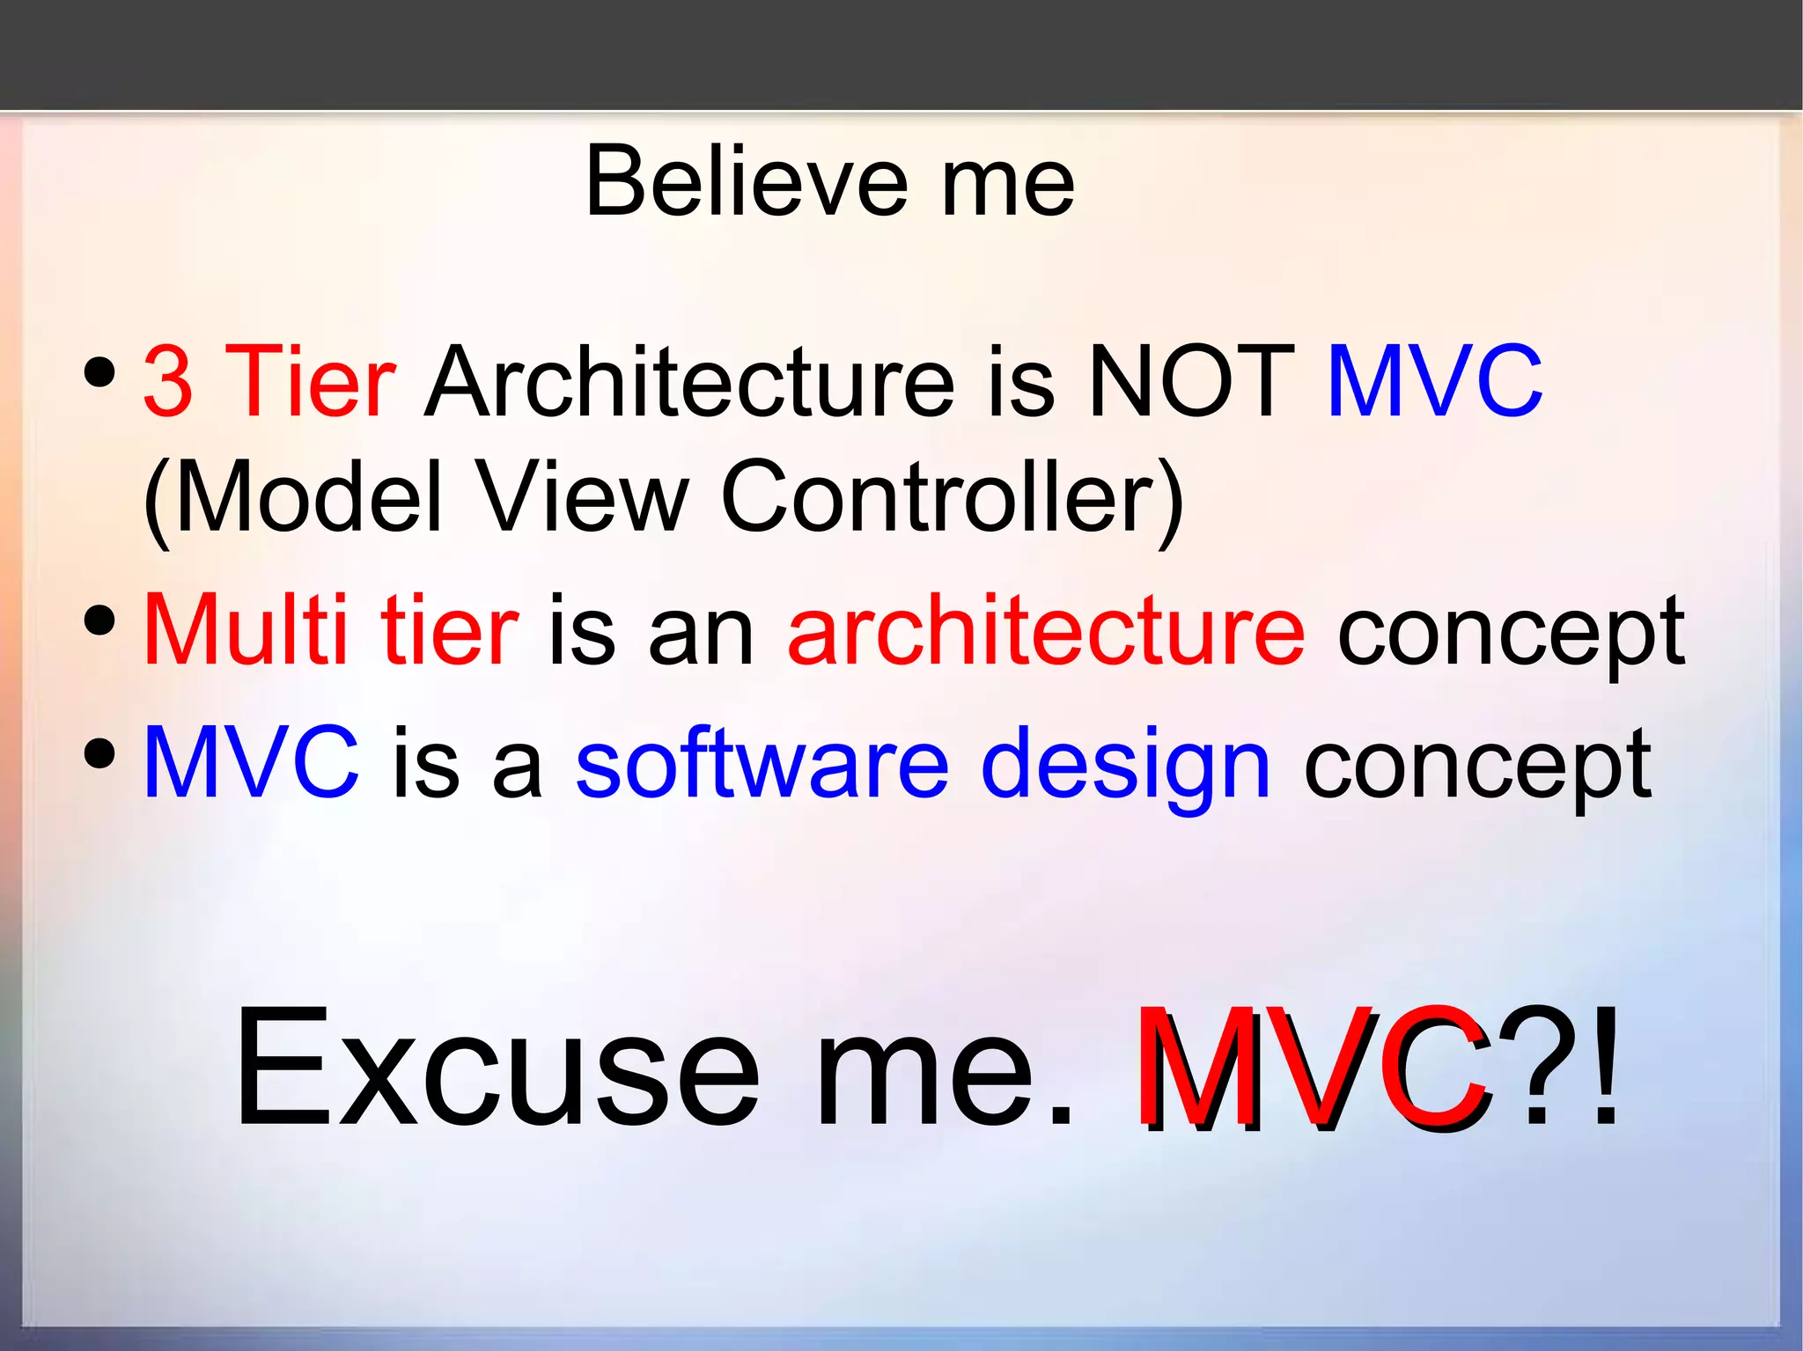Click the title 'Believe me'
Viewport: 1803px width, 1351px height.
(x=829, y=182)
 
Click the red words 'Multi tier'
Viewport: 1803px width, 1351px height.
(x=331, y=630)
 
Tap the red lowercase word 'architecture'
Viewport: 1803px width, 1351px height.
(x=1046, y=630)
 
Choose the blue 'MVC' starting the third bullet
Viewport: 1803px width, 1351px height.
(x=251, y=764)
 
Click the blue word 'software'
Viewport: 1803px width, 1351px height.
(x=762, y=764)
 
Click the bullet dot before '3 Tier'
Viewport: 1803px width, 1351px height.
(x=100, y=372)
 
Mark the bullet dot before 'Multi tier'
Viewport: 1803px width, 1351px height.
(x=100, y=620)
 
